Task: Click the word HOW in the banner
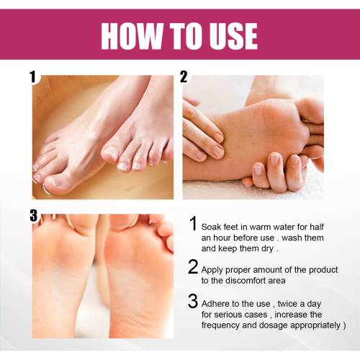pos(132,37)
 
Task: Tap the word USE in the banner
pos(231,37)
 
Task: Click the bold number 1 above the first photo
pos(33,76)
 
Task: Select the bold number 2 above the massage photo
pos(184,77)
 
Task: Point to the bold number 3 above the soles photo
pos(34,215)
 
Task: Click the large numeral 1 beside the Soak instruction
pos(194,223)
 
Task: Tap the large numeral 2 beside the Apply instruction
pos(193,266)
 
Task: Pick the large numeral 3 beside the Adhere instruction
pos(193,301)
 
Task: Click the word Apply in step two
pos(212,270)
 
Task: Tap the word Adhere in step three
pos(214,304)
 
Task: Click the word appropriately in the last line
pos(315,325)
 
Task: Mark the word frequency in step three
pos(220,325)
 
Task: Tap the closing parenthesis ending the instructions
pos(345,325)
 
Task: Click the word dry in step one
pos(267,248)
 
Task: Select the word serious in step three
pos(229,315)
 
